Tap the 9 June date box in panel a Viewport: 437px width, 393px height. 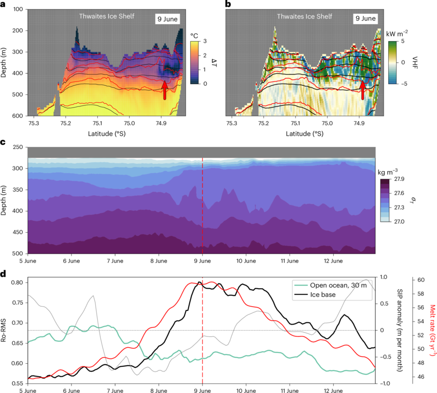(168, 19)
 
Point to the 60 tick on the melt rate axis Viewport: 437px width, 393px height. (420, 280)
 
